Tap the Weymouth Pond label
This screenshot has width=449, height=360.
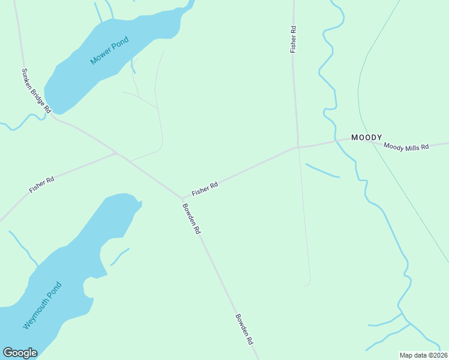click(x=43, y=305)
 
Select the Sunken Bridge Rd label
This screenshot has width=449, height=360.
click(x=37, y=91)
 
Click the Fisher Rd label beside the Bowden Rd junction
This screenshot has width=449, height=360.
click(x=205, y=189)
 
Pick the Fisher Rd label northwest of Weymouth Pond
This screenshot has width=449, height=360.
click(x=42, y=184)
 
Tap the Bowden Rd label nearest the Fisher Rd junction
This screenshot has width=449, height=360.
click(x=192, y=218)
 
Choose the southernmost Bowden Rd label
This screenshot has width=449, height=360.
click(x=244, y=329)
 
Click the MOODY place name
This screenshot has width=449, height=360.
click(x=367, y=137)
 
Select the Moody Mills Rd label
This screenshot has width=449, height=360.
click(x=406, y=146)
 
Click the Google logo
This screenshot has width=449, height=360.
click(x=20, y=353)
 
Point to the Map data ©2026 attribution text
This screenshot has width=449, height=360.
click(x=423, y=355)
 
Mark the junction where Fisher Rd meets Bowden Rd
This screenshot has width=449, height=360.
click(x=182, y=197)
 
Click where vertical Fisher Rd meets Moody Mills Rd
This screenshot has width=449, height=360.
click(x=297, y=146)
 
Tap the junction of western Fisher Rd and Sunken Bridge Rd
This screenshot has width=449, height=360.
click(x=116, y=154)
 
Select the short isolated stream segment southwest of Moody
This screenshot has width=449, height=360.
click(x=322, y=171)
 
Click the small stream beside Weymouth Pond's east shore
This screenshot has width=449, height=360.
click(x=119, y=256)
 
